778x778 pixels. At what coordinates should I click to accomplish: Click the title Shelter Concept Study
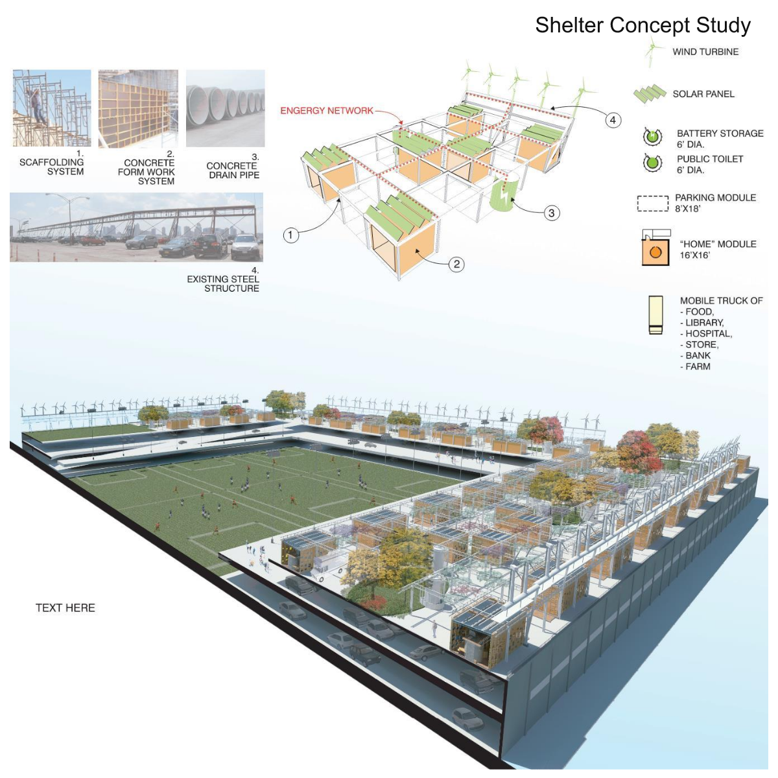(642, 25)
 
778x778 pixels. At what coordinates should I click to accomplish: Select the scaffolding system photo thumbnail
(52, 108)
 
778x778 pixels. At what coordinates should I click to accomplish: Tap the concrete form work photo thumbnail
(138, 108)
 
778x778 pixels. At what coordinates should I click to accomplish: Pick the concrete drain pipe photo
(225, 108)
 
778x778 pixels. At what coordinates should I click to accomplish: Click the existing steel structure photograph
(136, 227)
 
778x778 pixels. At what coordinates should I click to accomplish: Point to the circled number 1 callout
(291, 235)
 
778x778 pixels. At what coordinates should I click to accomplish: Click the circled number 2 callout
(456, 264)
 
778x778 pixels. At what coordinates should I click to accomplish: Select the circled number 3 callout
(552, 213)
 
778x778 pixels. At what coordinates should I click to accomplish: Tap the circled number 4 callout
(613, 120)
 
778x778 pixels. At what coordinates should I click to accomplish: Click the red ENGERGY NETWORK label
(327, 111)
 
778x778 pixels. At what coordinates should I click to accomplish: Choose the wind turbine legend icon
(653, 52)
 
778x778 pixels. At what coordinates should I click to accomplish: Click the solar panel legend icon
(650, 94)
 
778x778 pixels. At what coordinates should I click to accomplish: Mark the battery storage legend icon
(652, 137)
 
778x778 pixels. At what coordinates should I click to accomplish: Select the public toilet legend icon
(652, 163)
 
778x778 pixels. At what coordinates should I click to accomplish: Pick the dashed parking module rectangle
(652, 204)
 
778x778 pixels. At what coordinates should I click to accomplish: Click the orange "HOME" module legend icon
(655, 250)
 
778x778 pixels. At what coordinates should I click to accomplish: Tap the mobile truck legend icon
(655, 315)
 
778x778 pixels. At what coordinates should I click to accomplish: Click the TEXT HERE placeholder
(65, 608)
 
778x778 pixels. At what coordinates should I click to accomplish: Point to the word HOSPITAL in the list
(708, 334)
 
